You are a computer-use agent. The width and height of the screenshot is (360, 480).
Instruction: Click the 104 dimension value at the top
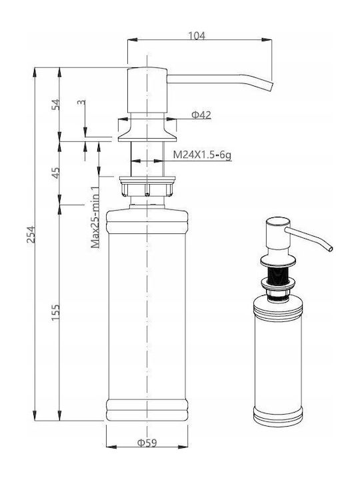196,36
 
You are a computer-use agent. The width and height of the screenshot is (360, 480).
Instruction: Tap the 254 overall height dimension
31,235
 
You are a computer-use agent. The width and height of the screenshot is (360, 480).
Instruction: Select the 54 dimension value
56,105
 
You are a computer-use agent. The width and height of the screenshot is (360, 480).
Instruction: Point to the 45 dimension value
56,173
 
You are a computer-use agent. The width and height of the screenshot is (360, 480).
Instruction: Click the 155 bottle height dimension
56,312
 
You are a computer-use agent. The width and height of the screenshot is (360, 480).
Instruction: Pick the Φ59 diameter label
147,443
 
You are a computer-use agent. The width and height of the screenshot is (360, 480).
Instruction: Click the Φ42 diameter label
201,115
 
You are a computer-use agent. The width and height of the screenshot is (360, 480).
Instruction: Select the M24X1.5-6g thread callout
202,155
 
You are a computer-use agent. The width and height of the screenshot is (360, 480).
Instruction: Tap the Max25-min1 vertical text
95,217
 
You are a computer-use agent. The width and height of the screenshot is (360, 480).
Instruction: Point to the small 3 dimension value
81,102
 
